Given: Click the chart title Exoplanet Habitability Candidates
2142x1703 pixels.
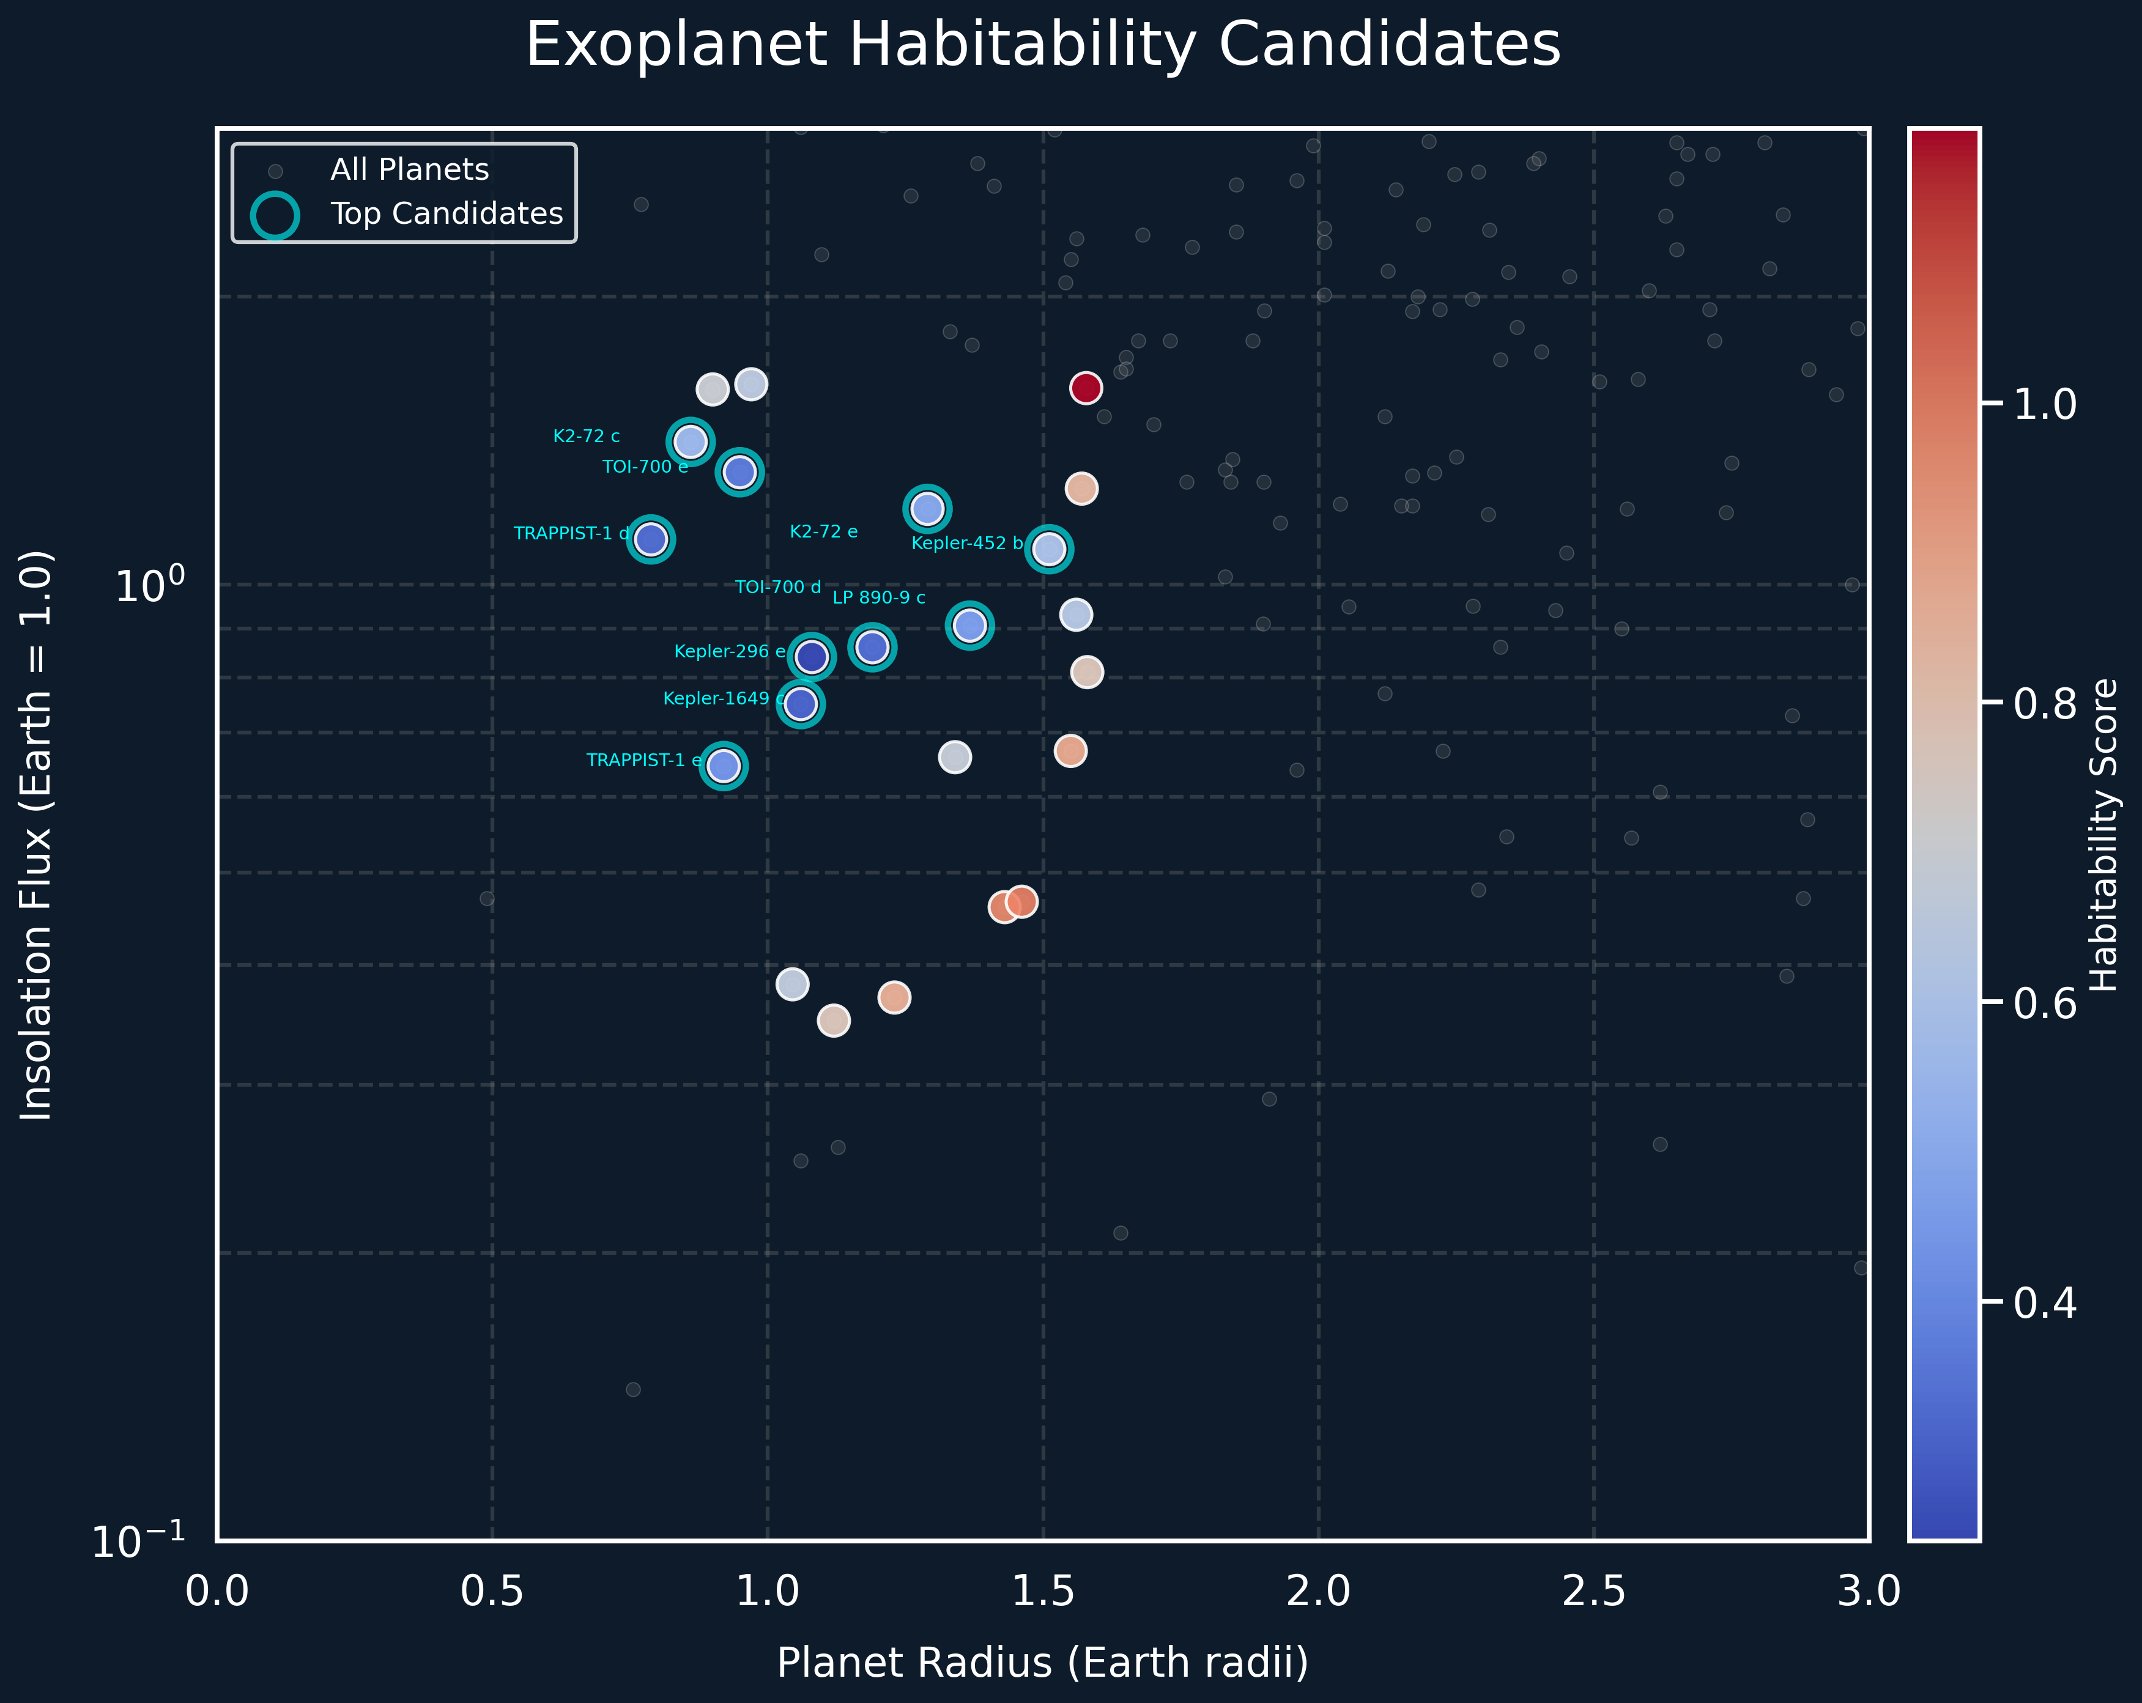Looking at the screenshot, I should (x=1042, y=46).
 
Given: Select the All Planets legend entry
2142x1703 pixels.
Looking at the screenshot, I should (x=409, y=170).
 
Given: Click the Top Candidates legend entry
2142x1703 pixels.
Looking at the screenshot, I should (x=446, y=213).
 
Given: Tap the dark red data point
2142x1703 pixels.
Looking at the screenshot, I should (x=1086, y=387).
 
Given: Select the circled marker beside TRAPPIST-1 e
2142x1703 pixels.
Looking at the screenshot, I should (x=724, y=766).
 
